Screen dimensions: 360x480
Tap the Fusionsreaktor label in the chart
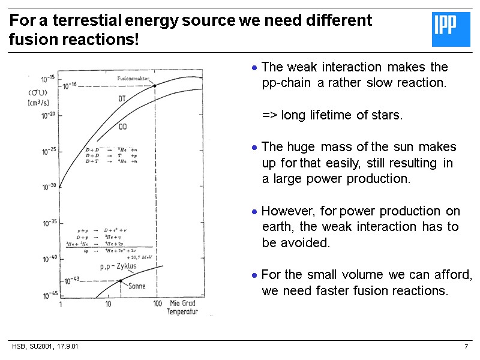(133, 79)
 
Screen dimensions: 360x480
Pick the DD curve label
(122, 127)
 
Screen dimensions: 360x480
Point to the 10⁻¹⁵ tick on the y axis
(48, 79)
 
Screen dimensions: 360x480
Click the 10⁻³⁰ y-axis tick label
(48, 186)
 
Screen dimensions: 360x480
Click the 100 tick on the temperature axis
(157, 304)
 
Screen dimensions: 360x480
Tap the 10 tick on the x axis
(109, 304)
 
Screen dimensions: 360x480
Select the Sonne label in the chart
(138, 287)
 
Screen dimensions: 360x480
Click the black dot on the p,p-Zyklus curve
(121, 280)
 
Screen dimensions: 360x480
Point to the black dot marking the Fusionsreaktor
(155, 85)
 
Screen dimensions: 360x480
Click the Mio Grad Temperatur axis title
(182, 308)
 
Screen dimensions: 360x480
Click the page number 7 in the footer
(466, 347)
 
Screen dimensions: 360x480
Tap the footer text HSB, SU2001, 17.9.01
(46, 347)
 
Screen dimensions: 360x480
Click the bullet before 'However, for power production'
(255, 212)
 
